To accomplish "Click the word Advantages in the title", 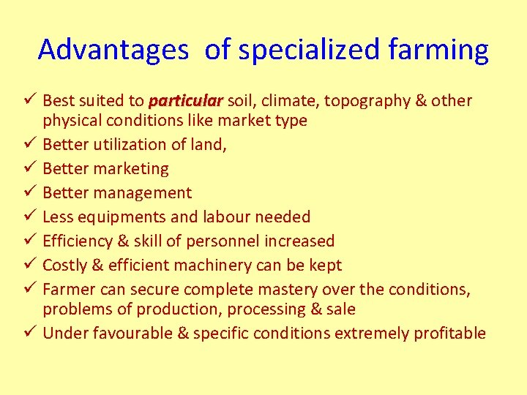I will pos(113,50).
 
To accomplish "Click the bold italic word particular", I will pos(186,100).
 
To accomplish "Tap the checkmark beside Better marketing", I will pos(30,168).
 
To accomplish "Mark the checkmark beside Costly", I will pos(30,265).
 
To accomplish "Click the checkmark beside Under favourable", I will pos(30,333).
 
